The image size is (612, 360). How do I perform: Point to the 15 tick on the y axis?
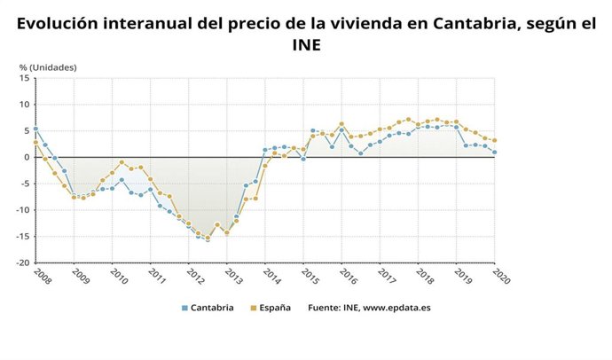[25, 78]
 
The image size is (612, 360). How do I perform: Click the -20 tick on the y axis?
[23, 263]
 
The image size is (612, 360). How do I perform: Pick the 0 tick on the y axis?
[27, 157]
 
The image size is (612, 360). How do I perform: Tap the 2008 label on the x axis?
[40, 276]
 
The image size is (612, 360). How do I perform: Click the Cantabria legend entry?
[213, 309]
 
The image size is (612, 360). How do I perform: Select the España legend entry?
[274, 309]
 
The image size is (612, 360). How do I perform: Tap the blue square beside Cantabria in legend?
[184, 309]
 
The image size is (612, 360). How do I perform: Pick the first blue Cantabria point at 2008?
[35, 129]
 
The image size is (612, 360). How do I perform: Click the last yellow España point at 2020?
[494, 140]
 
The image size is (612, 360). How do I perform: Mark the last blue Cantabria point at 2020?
[494, 152]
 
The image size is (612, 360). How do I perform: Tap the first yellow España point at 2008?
[35, 142]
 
